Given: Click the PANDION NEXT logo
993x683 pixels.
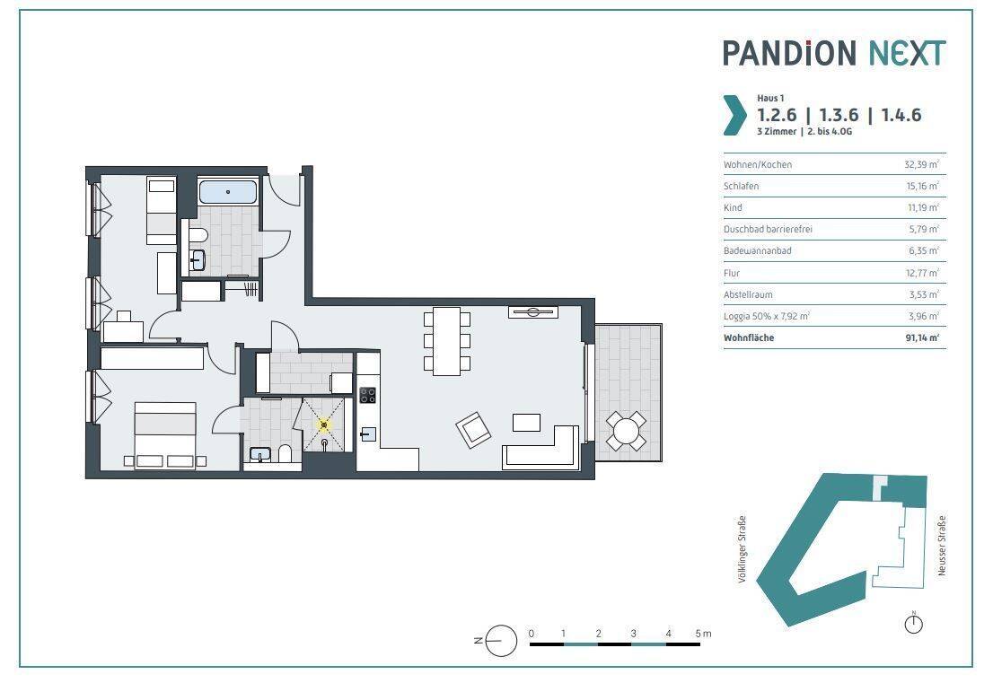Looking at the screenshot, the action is pyautogui.click(x=834, y=53).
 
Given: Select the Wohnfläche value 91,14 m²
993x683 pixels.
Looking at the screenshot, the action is pyautogui.click(x=922, y=337).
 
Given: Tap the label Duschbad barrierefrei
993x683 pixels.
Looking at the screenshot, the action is pyautogui.click(x=768, y=229).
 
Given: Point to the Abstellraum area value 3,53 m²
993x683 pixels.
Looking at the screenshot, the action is pyautogui.click(x=924, y=294).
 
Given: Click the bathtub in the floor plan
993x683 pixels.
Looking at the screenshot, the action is pyautogui.click(x=228, y=191).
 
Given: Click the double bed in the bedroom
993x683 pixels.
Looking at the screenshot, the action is pyautogui.click(x=164, y=435).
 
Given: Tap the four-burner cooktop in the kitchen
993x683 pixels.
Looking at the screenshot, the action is pyautogui.click(x=368, y=395).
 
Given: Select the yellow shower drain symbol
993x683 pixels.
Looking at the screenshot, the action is pyautogui.click(x=324, y=425).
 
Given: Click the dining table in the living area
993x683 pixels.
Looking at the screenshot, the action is pyautogui.click(x=446, y=341).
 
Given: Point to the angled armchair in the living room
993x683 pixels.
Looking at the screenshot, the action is pyautogui.click(x=474, y=431).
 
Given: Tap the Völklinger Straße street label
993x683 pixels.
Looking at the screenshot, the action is pyautogui.click(x=743, y=548).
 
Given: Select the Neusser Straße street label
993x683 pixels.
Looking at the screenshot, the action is pyautogui.click(x=942, y=546).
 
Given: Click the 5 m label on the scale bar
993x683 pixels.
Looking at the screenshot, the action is pyautogui.click(x=703, y=633).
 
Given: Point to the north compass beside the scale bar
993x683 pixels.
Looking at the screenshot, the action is pyautogui.click(x=500, y=640).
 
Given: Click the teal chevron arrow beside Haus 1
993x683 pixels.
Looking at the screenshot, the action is pyautogui.click(x=734, y=115).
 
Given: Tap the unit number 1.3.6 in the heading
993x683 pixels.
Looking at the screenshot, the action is pyautogui.click(x=839, y=115).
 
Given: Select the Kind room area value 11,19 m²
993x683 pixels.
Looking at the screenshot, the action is pyautogui.click(x=923, y=207).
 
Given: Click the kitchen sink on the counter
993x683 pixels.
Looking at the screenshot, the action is pyautogui.click(x=368, y=434).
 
